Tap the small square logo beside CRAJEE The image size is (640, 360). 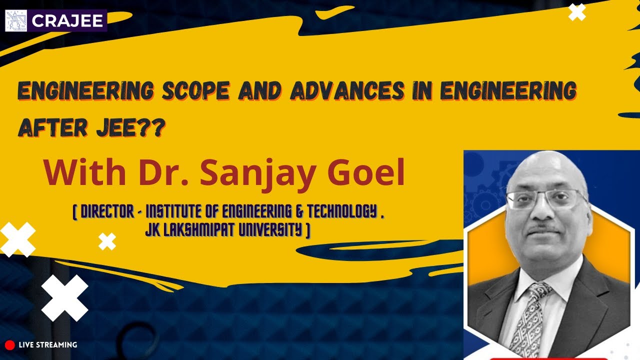(16, 21)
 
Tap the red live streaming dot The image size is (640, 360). (9, 344)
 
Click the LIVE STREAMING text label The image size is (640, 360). (47, 344)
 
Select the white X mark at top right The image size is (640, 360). (577, 12)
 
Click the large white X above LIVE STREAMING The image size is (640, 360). (64, 298)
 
